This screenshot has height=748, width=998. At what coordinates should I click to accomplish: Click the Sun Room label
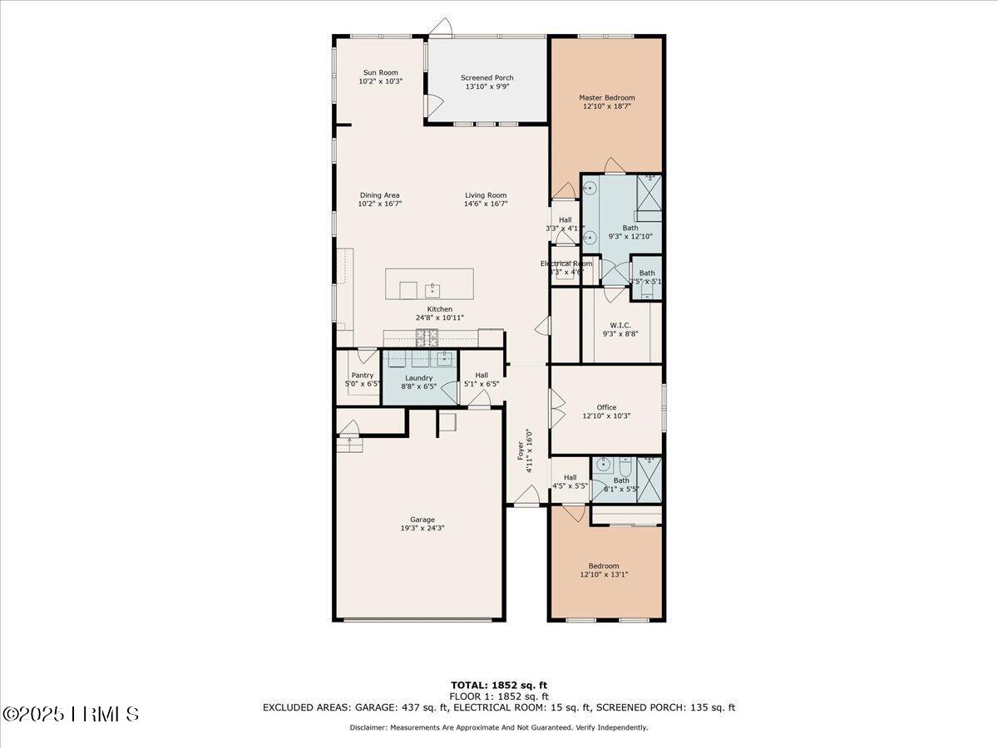coord(380,72)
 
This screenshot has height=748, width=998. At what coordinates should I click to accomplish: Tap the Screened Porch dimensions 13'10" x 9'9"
coord(487,86)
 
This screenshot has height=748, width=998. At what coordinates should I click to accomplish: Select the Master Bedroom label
coord(606,97)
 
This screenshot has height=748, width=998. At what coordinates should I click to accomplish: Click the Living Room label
coord(486,195)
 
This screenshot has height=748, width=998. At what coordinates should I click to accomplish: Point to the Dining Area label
coord(379,195)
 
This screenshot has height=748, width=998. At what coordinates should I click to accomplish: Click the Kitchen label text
coord(440,309)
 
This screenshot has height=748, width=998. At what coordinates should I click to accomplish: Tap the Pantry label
coord(362,375)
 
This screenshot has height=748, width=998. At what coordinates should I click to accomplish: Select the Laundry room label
coord(419,377)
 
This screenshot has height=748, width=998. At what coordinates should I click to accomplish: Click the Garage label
coord(422,519)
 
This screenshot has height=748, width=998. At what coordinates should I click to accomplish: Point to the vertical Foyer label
coord(521,450)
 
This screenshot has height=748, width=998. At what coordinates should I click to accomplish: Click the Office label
coord(606,407)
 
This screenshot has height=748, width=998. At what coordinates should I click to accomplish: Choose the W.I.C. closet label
coord(620,325)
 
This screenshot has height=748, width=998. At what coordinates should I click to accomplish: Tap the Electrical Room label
coord(566,263)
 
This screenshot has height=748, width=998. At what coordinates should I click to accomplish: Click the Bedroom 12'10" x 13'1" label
coord(605,566)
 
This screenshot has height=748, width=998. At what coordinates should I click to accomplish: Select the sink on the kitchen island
coord(432,290)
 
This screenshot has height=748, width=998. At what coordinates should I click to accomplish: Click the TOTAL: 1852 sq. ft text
coord(499,685)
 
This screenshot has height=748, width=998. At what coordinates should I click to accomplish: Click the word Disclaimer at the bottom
coord(368,727)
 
